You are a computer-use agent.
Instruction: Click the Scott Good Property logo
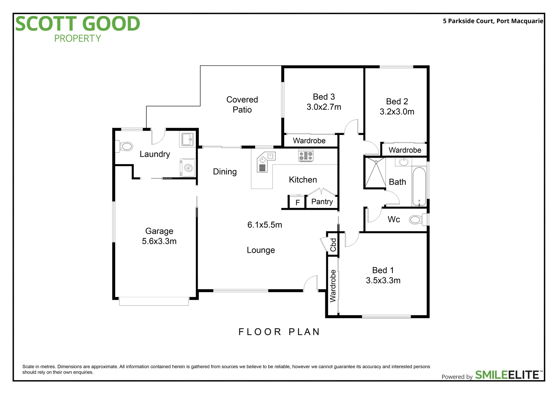coord(77,28)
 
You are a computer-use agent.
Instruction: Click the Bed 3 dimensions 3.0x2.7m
coord(324,107)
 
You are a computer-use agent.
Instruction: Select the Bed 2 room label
coord(397,101)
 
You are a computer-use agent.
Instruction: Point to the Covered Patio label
coord(242,105)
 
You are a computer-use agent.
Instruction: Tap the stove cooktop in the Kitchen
coord(305,156)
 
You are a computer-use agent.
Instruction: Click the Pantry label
coord(322,202)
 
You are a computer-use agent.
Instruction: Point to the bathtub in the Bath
coord(419,186)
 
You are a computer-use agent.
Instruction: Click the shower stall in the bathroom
coord(375,173)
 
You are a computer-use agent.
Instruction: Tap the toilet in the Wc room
coord(417,220)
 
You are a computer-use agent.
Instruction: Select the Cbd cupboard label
coord(333,245)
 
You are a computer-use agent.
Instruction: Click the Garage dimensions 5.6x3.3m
coord(159,242)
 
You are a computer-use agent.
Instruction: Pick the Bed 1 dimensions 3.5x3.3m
coord(383,281)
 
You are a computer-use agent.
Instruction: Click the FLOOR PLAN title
coord(279,332)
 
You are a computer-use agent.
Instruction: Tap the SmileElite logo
coord(508,375)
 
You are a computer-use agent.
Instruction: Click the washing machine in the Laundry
coord(188,168)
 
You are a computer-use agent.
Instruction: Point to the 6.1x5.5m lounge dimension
coord(265,225)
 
